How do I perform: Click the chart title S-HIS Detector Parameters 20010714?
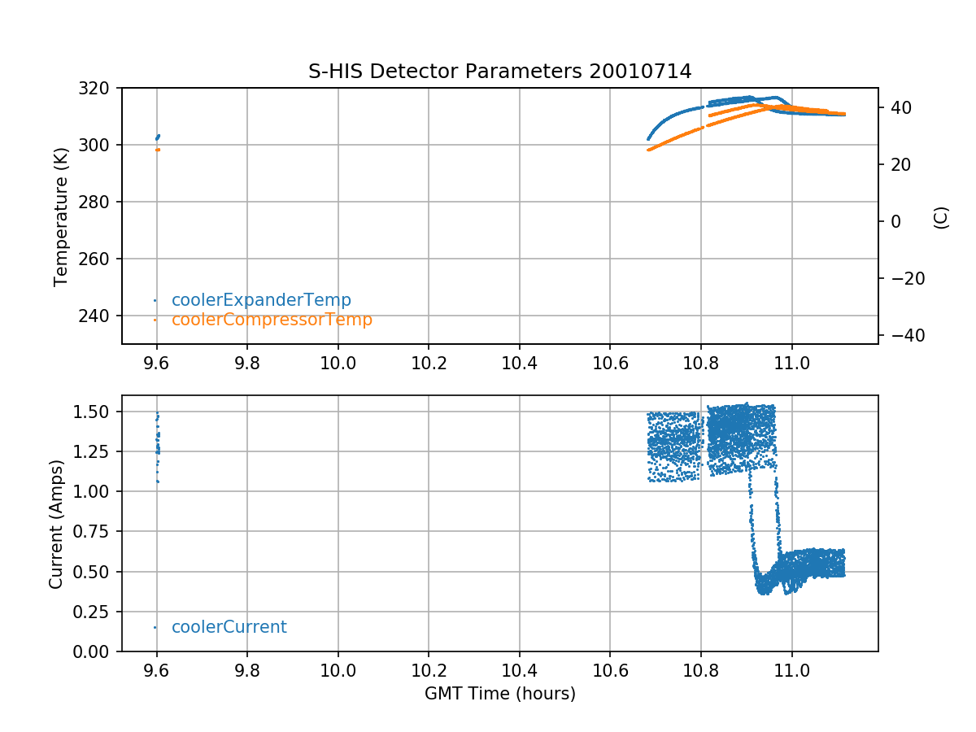[x=499, y=72]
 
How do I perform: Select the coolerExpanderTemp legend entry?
[x=260, y=300]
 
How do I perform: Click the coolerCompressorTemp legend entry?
[x=271, y=320]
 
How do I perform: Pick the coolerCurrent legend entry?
[x=229, y=627]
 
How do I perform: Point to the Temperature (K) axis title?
[x=60, y=216]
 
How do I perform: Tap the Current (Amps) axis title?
[x=55, y=523]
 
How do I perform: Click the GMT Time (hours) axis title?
[x=499, y=694]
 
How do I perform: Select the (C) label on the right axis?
[x=941, y=217]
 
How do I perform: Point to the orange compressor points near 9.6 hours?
[x=157, y=150]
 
